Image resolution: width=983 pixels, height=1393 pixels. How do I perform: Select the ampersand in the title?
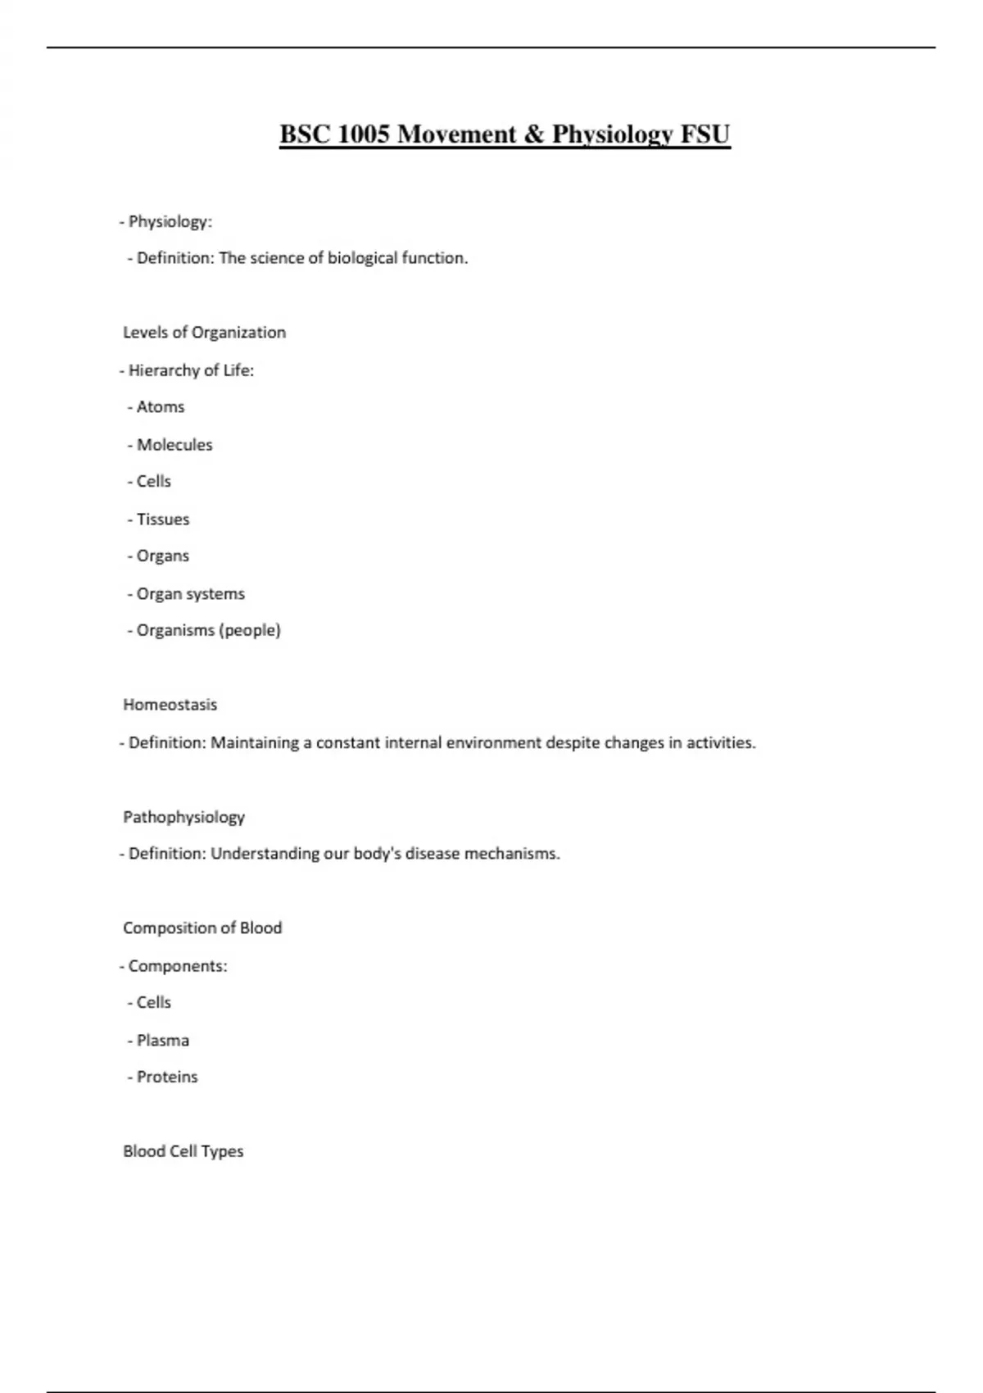tap(533, 134)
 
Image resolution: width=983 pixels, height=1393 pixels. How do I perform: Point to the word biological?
tap(362, 258)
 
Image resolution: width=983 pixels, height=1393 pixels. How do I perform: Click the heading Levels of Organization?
tap(204, 333)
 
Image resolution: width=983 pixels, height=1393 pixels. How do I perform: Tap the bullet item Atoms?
tap(160, 407)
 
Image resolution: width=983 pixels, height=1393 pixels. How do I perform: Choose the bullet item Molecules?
tap(174, 445)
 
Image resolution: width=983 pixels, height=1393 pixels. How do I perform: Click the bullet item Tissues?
tap(162, 520)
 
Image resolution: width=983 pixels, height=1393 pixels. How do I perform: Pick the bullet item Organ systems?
tap(190, 594)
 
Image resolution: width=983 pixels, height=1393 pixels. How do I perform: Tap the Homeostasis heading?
tap(170, 705)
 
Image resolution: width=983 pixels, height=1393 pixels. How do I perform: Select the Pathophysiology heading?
tap(183, 817)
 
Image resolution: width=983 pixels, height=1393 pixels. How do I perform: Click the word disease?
tap(432, 854)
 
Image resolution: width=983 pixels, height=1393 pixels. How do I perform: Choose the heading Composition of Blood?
tap(202, 928)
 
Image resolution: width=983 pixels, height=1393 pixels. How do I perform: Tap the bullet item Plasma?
tap(162, 1041)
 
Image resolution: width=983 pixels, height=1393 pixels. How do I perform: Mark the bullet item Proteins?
tap(166, 1078)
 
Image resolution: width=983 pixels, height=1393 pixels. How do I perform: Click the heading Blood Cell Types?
tap(183, 1151)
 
